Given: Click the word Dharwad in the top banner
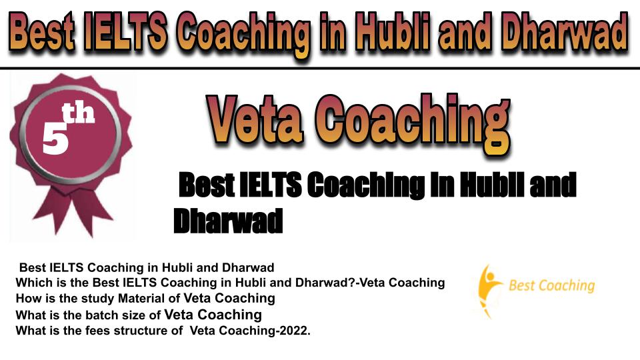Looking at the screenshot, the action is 565,32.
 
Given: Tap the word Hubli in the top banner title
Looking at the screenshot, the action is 391,31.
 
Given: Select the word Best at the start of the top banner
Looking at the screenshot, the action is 41,32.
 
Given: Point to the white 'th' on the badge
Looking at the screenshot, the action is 79,113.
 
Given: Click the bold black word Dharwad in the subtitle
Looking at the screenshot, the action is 228,221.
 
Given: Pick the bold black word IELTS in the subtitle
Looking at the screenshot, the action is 270,185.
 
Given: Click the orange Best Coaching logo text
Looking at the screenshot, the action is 552,285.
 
